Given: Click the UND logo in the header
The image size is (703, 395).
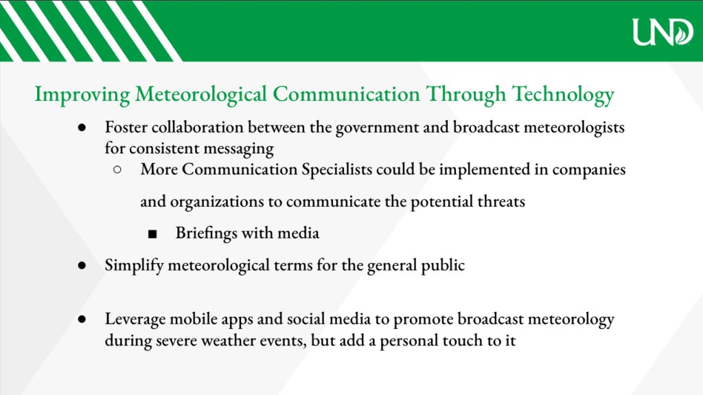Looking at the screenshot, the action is point(662,32).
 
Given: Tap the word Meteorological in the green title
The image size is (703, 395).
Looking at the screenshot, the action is point(201,94).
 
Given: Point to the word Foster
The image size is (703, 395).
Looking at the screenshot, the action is point(126,127).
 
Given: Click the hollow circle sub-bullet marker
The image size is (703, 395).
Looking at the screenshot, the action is point(117,170).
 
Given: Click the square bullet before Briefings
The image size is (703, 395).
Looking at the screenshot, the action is point(152,234).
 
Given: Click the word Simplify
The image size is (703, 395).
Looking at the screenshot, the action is point(134,265).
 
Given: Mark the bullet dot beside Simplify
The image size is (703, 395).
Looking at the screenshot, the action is point(82,265).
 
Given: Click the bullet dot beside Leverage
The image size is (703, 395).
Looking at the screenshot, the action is point(82,319).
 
